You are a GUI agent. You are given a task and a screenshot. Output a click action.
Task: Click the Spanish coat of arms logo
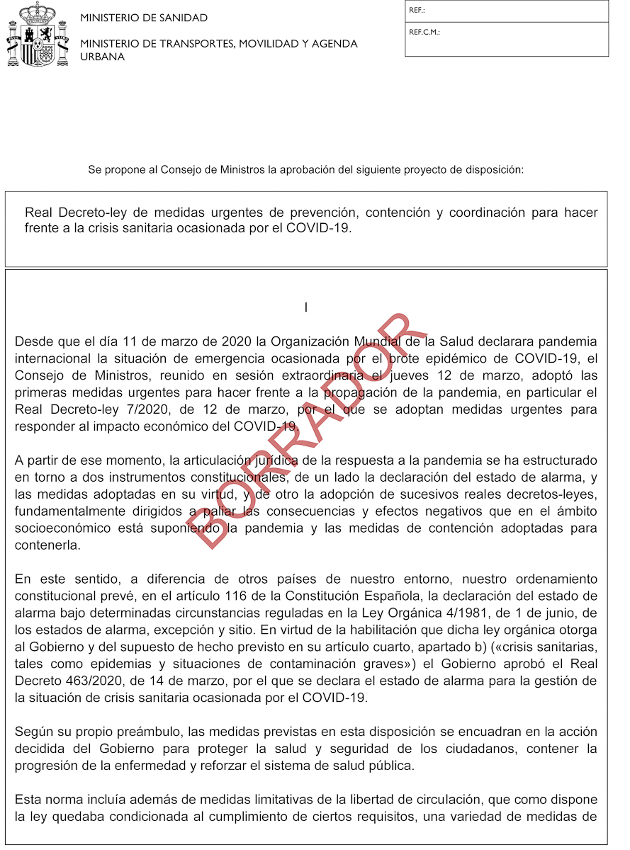pyautogui.click(x=38, y=35)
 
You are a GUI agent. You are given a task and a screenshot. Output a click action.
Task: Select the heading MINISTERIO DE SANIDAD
pyautogui.click(x=144, y=18)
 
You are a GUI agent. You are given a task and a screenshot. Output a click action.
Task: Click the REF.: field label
pyautogui.click(x=417, y=11)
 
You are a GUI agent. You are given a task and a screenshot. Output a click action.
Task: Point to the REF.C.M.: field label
pyautogui.click(x=424, y=32)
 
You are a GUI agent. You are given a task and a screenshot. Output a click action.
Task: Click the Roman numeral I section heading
pyautogui.click(x=305, y=308)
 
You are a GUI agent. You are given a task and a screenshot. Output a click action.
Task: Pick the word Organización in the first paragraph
pyautogui.click(x=340, y=341)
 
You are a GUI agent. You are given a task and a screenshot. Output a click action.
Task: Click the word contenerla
pyautogui.click(x=47, y=545)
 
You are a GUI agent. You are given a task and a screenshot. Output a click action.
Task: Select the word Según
pyautogui.click(x=33, y=732)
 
